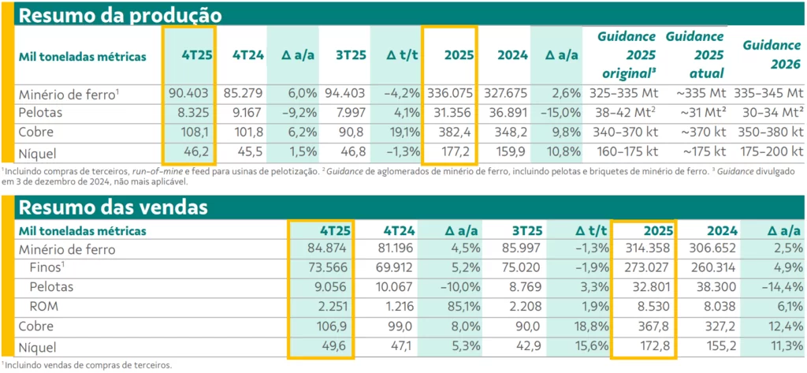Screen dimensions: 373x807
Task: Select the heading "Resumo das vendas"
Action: pos(113,207)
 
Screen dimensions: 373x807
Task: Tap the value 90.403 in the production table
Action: pos(188,94)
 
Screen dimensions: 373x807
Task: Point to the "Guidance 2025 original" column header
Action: pos(624,54)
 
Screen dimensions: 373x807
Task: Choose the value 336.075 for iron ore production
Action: pos(450,94)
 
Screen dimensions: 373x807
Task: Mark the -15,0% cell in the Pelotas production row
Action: pos(558,113)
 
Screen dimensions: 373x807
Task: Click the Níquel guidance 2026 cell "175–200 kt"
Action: pos(773,151)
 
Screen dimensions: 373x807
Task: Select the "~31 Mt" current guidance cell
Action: pos(694,113)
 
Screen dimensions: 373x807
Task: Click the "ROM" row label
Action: pos(46,306)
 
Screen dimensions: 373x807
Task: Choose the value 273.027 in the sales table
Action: pos(647,268)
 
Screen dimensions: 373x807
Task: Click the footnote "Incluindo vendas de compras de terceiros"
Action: pos(87,365)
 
